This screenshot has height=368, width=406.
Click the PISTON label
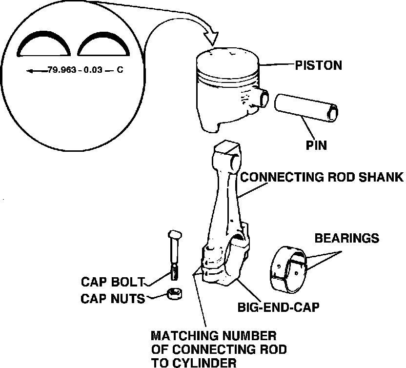(x=318, y=65)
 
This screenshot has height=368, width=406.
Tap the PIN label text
(x=316, y=145)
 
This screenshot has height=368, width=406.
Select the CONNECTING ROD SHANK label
(x=322, y=177)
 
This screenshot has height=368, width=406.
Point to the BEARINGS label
(x=346, y=238)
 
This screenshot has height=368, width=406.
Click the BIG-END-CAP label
(x=278, y=307)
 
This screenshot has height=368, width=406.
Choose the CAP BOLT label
(x=113, y=282)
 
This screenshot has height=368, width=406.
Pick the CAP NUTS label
(x=113, y=298)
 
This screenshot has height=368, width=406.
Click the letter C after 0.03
(x=119, y=70)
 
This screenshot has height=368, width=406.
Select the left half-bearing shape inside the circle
(x=44, y=44)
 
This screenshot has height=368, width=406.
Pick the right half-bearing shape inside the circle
(x=103, y=44)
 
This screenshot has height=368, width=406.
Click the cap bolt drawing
(x=174, y=254)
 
